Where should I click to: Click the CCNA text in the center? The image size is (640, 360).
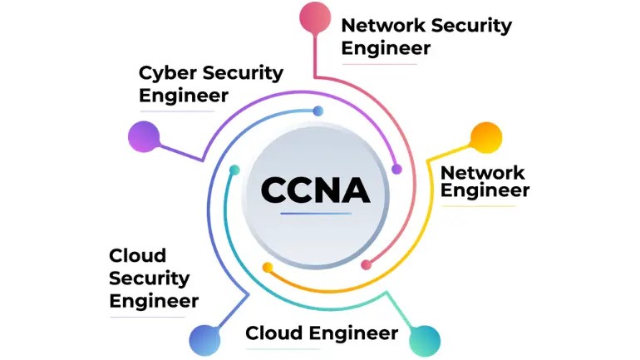click(315, 190)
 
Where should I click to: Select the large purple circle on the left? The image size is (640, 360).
click(143, 137)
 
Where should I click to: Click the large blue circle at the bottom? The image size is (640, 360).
click(205, 338)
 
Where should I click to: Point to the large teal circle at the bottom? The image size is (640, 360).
click(424, 338)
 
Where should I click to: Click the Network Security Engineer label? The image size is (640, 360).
click(426, 36)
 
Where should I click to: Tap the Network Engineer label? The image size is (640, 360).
click(484, 181)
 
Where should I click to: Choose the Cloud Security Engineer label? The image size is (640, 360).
click(154, 278)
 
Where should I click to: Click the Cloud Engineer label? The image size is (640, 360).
click(322, 333)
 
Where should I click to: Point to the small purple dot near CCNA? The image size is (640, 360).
click(396, 169)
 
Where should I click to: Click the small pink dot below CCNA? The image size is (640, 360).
click(366, 265)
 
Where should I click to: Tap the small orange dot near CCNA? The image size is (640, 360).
click(267, 267)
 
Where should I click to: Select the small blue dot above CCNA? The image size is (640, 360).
click(318, 111)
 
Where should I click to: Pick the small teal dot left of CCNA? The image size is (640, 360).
click(234, 170)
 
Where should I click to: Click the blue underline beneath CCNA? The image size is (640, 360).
click(315, 215)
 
